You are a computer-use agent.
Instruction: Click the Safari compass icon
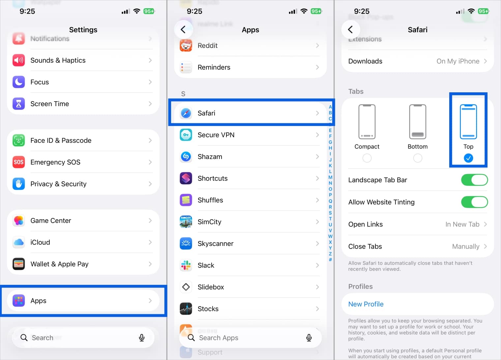click(186, 113)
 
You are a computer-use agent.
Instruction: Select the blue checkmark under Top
click(468, 158)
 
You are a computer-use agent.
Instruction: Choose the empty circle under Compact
click(367, 158)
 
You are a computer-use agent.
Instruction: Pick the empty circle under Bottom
click(418, 158)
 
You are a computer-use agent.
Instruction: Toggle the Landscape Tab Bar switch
click(474, 180)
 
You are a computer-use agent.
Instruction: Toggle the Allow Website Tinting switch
click(474, 202)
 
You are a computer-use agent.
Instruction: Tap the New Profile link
click(366, 304)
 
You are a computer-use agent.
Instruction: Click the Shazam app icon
click(186, 157)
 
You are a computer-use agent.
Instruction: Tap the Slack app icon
click(186, 265)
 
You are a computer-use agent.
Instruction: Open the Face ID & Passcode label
click(61, 140)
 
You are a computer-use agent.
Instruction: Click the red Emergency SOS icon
click(19, 162)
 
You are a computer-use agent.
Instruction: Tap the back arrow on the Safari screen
click(350, 30)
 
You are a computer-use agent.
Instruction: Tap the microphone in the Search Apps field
click(309, 338)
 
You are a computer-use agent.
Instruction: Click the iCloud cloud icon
click(19, 242)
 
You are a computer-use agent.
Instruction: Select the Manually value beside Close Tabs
click(465, 246)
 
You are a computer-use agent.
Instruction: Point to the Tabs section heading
click(356, 92)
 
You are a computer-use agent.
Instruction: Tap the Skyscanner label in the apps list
click(215, 244)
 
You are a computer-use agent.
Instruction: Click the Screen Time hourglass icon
click(19, 104)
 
